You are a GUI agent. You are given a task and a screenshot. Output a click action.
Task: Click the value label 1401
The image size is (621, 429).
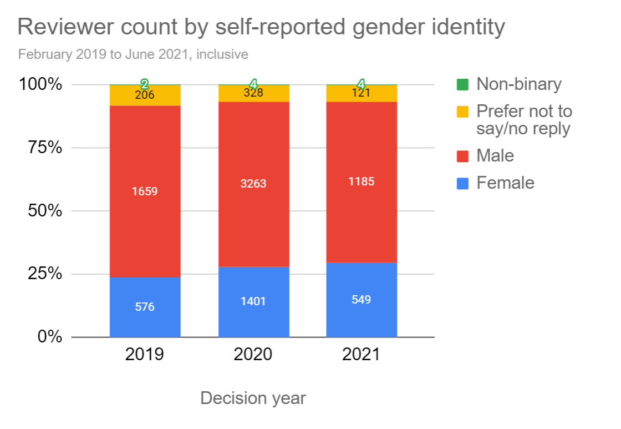(x=253, y=301)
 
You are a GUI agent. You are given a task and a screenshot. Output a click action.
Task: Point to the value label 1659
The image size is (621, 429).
(x=145, y=191)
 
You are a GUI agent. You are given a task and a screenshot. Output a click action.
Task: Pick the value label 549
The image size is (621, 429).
(x=362, y=300)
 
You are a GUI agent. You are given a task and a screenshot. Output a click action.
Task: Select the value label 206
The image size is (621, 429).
(x=145, y=95)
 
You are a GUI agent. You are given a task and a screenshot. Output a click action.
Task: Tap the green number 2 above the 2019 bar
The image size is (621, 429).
(x=145, y=84)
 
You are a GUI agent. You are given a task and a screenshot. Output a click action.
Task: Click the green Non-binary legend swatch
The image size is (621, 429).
(x=462, y=84)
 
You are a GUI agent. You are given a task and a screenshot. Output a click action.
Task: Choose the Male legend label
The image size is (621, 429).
(x=495, y=155)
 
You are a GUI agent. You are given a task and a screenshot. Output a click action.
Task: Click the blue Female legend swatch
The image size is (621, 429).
(x=462, y=183)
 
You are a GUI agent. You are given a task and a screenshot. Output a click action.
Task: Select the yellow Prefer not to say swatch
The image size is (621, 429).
(x=462, y=112)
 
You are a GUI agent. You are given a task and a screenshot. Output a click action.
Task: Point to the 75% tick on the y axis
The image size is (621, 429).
(x=41, y=148)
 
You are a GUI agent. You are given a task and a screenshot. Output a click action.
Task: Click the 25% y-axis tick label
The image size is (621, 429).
(x=41, y=274)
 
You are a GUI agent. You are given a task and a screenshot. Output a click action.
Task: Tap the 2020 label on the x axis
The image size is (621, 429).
(x=253, y=355)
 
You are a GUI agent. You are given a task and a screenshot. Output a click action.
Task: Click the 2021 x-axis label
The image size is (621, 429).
(x=362, y=355)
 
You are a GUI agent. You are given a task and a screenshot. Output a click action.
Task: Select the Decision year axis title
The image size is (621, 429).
(x=253, y=398)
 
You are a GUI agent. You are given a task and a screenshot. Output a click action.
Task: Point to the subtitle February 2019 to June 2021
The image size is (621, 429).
(x=133, y=54)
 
